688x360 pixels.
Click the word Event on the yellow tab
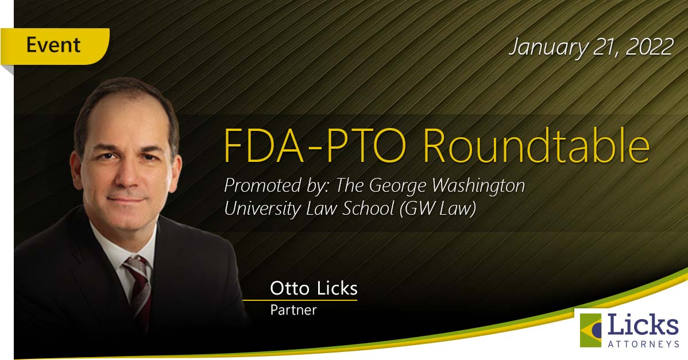click(53, 45)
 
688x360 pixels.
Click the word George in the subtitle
click(397, 186)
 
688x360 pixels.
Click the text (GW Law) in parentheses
click(438, 209)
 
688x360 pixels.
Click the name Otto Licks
click(314, 288)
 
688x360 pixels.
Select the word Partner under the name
click(293, 310)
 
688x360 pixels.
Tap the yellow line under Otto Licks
click(300, 300)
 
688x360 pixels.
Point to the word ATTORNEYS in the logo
click(643, 344)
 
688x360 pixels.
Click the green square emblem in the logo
click(590, 331)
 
